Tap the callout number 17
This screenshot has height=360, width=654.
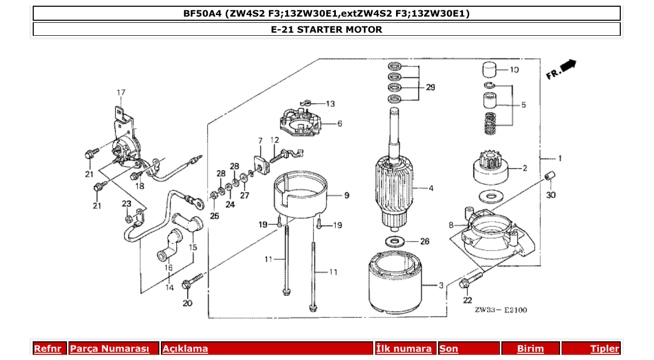point(120,93)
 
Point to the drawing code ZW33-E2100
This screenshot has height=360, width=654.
point(500,310)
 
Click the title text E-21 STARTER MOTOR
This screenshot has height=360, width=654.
point(326,30)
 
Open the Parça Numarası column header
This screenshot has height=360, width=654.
point(110,349)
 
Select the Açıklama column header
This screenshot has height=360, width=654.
point(185,349)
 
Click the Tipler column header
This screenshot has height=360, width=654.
point(604,349)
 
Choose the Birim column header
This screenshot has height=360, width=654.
point(530,349)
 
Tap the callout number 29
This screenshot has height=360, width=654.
point(430,88)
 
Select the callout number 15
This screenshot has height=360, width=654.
point(193,248)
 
